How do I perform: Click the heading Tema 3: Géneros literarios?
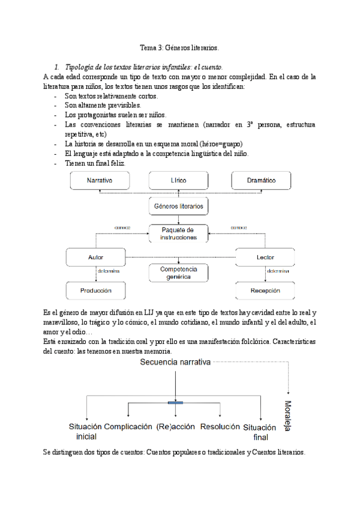179,47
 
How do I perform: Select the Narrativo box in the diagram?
100,180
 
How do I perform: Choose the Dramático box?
261,180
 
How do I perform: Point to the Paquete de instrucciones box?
178,233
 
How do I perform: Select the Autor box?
96,257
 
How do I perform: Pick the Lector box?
265,257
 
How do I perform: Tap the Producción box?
96,291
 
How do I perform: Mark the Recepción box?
265,291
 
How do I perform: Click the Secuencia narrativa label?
175,363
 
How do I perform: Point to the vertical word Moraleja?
288,416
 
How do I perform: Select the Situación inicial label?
86,432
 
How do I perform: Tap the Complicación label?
128,427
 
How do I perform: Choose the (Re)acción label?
176,427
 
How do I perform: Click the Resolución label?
220,427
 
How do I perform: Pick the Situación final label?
260,432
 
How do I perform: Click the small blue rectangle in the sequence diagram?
175,402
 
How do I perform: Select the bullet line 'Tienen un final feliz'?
95,163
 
